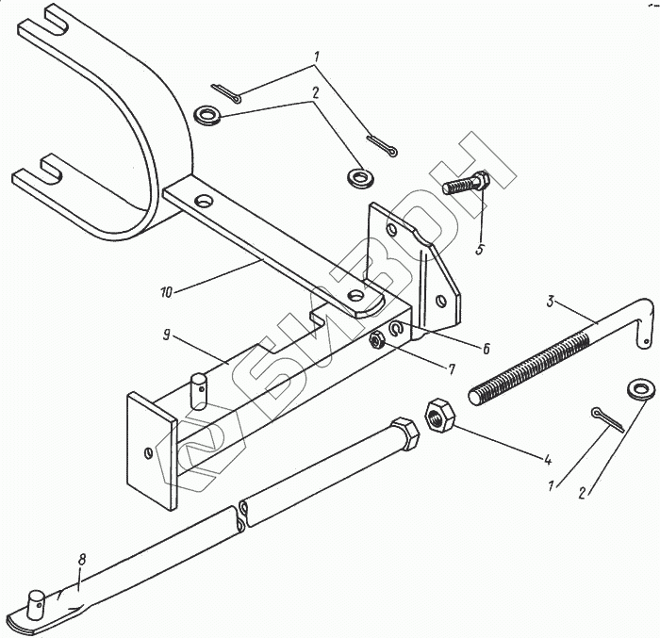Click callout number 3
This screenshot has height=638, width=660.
point(551,303)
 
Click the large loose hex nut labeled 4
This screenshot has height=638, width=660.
point(438,416)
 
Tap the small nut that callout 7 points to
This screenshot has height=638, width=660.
point(376,339)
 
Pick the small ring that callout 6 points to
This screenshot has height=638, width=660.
point(397,329)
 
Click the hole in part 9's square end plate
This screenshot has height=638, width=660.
point(149,453)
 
